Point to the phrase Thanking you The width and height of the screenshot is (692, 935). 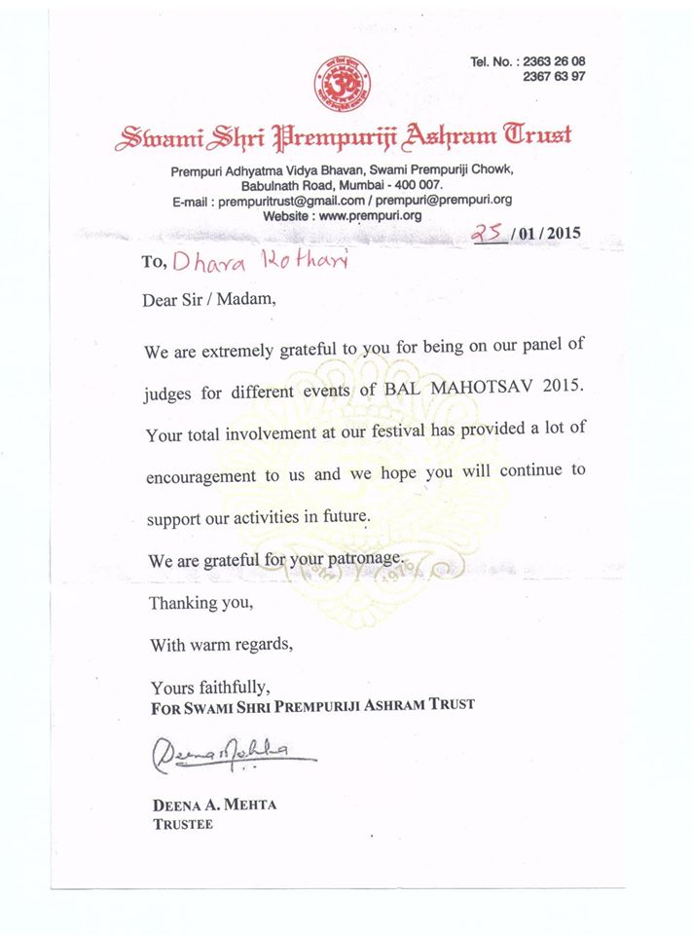click(200, 603)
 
